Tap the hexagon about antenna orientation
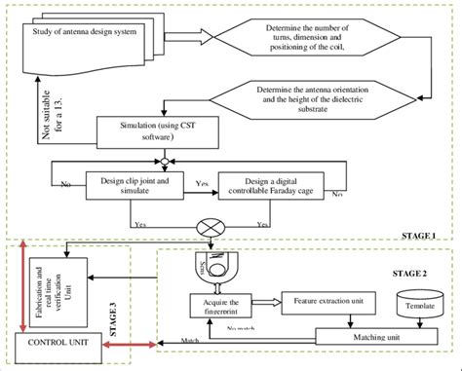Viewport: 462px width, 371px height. [x=321, y=100]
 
